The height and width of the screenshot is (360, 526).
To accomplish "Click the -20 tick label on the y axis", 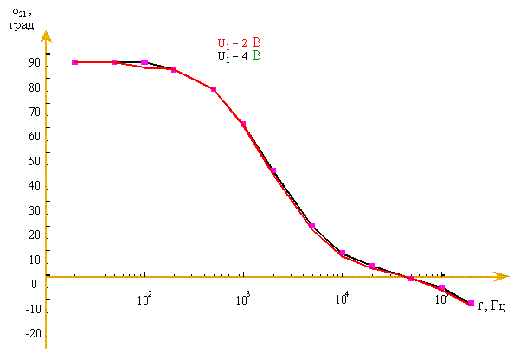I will (x=32, y=334).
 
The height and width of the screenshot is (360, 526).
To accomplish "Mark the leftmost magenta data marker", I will (x=75, y=62).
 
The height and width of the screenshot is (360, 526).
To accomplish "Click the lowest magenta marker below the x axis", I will (x=471, y=304).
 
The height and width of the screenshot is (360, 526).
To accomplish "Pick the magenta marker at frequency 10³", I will (x=243, y=125).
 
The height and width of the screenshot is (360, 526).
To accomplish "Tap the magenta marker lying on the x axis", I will (x=412, y=279).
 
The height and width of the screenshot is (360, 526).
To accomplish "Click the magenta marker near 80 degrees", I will (x=214, y=89).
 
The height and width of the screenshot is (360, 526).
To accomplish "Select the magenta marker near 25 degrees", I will (x=311, y=226).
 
